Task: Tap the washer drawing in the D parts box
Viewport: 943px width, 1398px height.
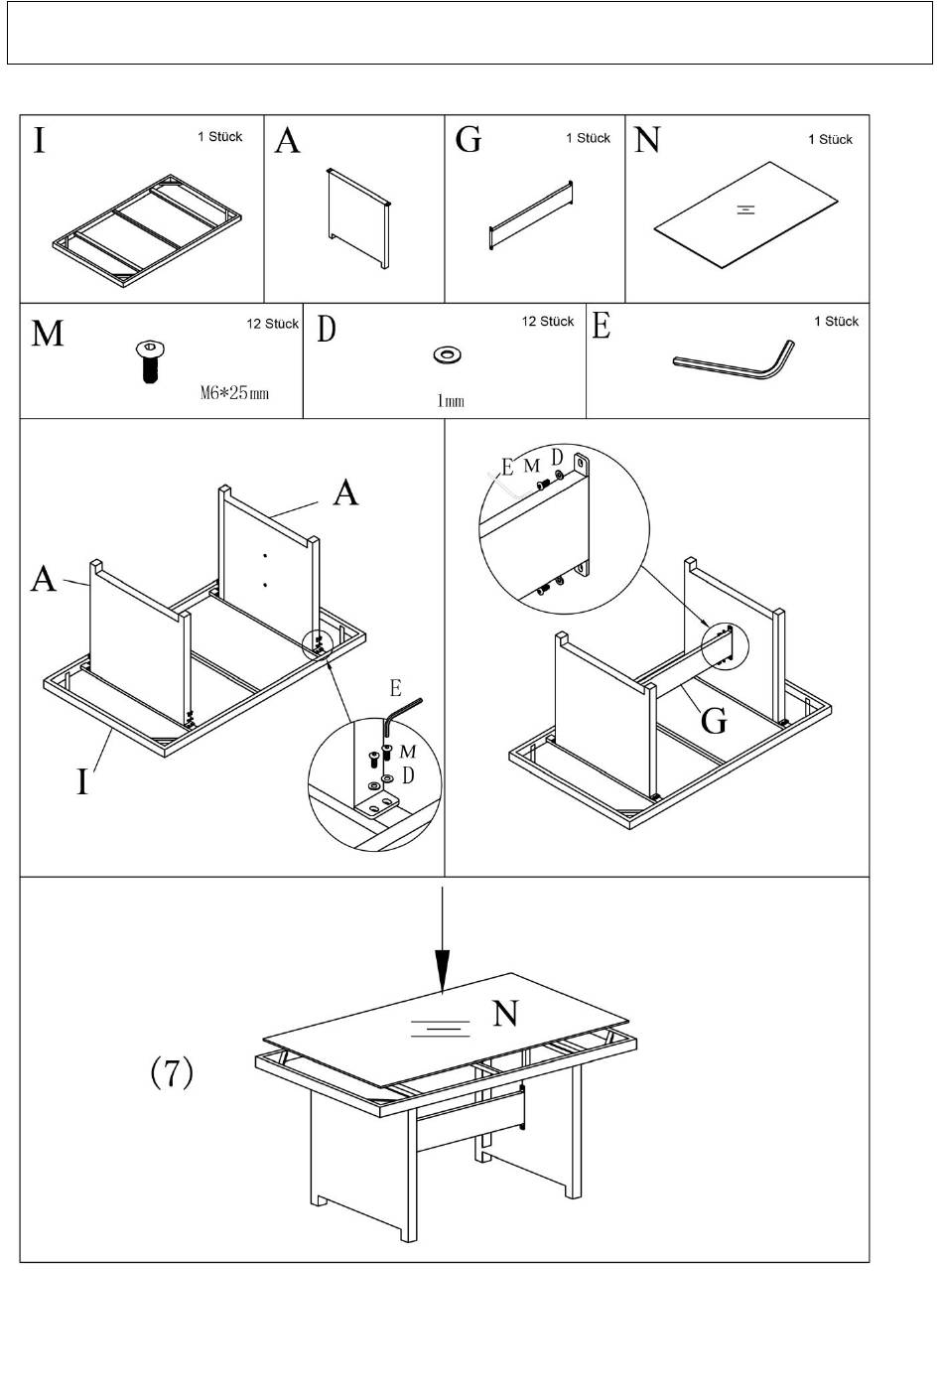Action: pos(449,354)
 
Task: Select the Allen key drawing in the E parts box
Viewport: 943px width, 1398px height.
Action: pos(735,359)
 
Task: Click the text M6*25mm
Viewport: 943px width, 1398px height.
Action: pos(234,392)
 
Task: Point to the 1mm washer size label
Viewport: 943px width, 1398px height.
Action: pos(450,400)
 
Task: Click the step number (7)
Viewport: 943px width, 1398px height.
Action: pos(172,1072)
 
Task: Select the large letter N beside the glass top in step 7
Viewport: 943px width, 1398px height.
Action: pos(505,1014)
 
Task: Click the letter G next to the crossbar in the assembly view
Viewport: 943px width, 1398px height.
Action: pos(714,720)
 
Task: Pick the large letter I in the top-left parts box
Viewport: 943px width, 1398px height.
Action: pos(40,140)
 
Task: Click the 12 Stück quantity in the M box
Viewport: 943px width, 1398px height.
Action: pos(272,324)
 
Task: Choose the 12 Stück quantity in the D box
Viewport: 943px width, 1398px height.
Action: pos(548,322)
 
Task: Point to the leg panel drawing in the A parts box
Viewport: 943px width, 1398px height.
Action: pos(358,218)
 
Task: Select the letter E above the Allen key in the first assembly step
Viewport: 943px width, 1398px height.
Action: pos(396,687)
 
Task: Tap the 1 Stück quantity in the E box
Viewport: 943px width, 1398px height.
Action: pos(836,322)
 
